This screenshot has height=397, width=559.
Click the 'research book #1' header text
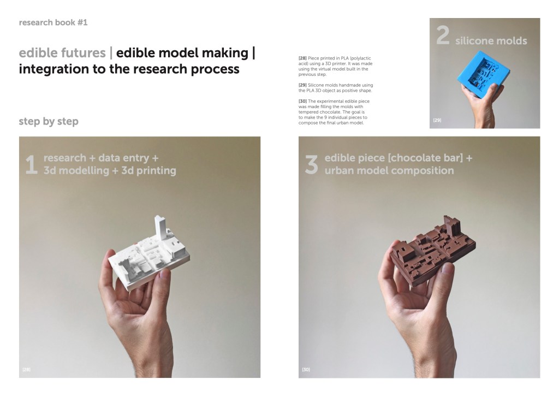53,22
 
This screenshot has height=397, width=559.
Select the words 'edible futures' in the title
62,53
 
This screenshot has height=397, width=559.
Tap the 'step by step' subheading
49,121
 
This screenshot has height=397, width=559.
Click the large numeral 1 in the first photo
31,164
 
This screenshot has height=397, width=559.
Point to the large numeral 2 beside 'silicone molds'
443,35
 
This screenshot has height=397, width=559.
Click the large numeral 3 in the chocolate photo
311,164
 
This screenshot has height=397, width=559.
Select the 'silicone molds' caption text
491,40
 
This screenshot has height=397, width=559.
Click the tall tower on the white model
160,228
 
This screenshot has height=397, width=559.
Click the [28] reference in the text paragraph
302,58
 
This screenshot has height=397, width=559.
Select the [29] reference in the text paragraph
302,85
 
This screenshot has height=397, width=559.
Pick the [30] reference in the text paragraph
302,102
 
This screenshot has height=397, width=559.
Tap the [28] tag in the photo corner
26,370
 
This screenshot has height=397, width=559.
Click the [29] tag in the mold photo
437,120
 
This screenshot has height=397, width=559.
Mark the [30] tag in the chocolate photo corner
306,370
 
